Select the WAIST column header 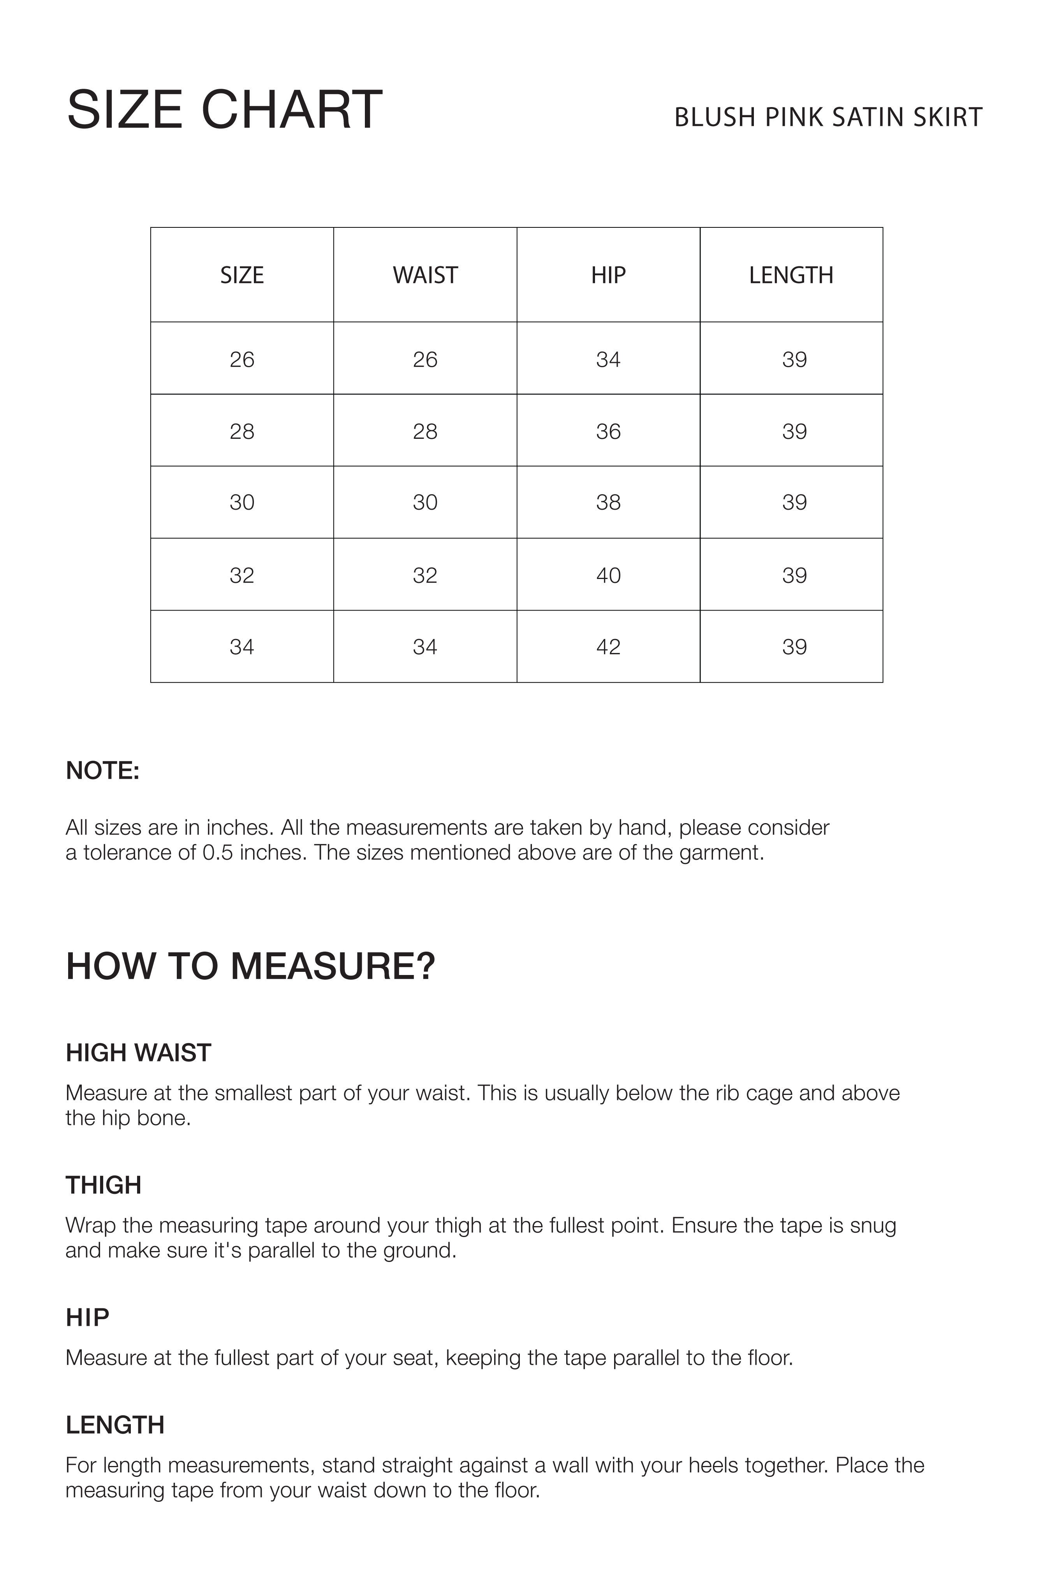click(x=425, y=275)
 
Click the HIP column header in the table click(x=608, y=275)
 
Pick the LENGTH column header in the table click(x=791, y=275)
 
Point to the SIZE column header click(x=242, y=275)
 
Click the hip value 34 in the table click(x=608, y=359)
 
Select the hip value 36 click(x=608, y=431)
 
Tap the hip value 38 click(x=608, y=502)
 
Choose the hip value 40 click(x=608, y=575)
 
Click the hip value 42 click(x=608, y=646)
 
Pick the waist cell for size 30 click(x=425, y=502)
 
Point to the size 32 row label click(x=242, y=575)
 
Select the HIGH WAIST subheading click(x=139, y=1052)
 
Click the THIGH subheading click(x=103, y=1185)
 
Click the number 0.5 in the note click(x=218, y=853)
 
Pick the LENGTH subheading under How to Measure click(x=115, y=1425)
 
